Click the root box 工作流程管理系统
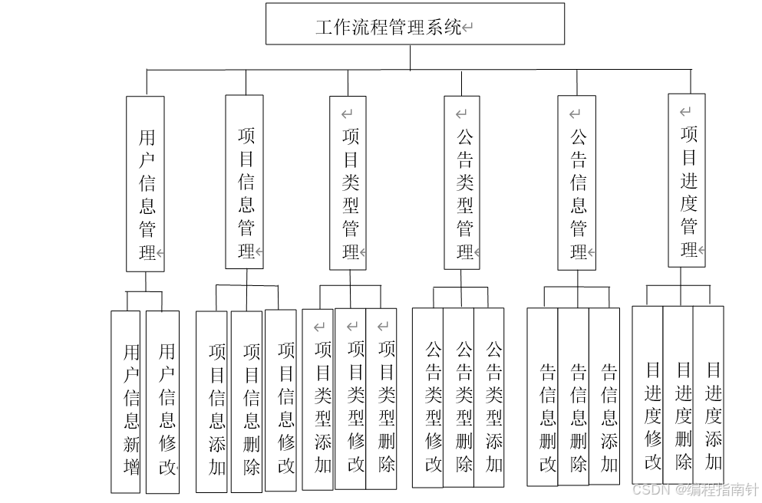[414, 24]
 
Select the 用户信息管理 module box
[145, 184]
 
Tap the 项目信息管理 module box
[244, 182]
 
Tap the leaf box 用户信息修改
[163, 402]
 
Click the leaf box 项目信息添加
[213, 401]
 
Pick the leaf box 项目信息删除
[246, 401]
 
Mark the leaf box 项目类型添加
[318, 399]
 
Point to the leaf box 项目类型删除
[381, 399]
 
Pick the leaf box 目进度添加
[708, 395]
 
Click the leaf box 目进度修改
[648, 395]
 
